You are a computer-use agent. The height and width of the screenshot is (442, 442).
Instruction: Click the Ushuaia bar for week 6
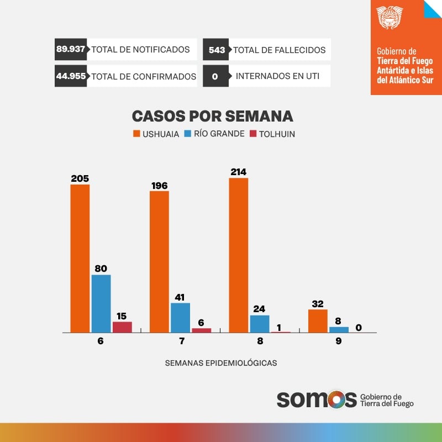[x=80, y=258]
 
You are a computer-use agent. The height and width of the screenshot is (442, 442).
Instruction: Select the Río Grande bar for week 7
[x=180, y=318]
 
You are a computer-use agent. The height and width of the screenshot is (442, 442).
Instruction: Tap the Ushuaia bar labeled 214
[x=238, y=255]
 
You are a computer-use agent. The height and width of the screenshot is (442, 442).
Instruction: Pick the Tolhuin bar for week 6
[x=122, y=327]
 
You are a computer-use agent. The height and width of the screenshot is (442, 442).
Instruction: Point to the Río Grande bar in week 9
[x=339, y=330]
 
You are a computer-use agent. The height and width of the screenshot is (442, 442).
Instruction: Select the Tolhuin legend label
[x=278, y=134]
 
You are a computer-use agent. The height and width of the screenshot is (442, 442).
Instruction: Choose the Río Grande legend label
[x=219, y=134]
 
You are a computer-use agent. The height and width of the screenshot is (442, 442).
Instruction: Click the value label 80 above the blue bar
[x=101, y=269]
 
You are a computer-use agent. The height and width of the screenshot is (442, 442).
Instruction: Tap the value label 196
[x=159, y=186]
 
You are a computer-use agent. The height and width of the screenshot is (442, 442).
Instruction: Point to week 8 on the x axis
[x=260, y=341]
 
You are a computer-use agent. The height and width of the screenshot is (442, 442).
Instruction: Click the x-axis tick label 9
[x=338, y=341]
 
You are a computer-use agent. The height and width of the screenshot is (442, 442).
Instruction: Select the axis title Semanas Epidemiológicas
[x=221, y=363]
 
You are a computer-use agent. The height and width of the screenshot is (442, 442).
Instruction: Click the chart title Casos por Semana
[x=212, y=116]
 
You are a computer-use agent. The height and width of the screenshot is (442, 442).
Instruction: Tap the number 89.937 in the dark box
[x=71, y=49]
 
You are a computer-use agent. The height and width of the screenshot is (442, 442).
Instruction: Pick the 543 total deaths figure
[x=217, y=50]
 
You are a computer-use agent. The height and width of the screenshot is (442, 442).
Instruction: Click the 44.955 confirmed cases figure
[x=71, y=76]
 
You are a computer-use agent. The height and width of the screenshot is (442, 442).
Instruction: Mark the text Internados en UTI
[x=277, y=76]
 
